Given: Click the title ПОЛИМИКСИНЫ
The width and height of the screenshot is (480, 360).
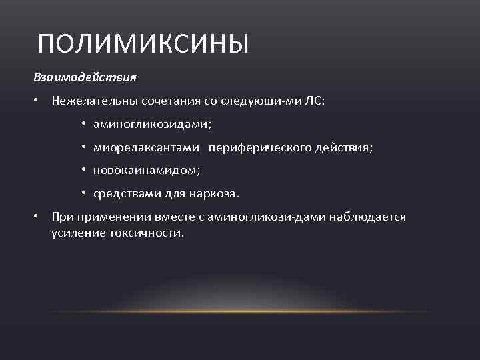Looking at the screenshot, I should pyautogui.click(x=143, y=44).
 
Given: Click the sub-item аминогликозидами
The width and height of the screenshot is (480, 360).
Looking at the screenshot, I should pyautogui.click(x=153, y=124).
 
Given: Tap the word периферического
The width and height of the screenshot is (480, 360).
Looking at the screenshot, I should pyautogui.click(x=261, y=147).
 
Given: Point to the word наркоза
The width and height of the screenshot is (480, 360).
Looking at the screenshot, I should pyautogui.click(x=217, y=194).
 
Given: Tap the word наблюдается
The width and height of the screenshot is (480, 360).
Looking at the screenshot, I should pyautogui.click(x=371, y=217).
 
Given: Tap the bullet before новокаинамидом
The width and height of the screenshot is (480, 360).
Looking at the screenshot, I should pyautogui.click(x=85, y=171).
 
